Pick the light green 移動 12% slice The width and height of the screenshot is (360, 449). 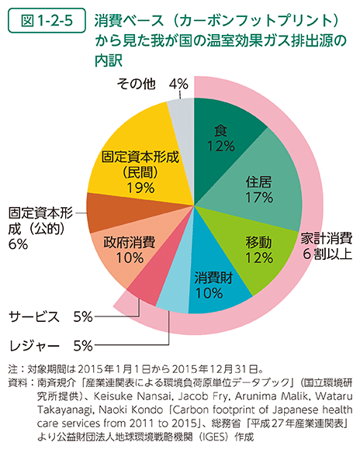pos(257,247)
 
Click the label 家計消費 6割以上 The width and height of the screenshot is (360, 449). pos(327,245)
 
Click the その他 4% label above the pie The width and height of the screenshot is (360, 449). pos(151,83)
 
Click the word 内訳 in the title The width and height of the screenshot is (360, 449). pos(110,58)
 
